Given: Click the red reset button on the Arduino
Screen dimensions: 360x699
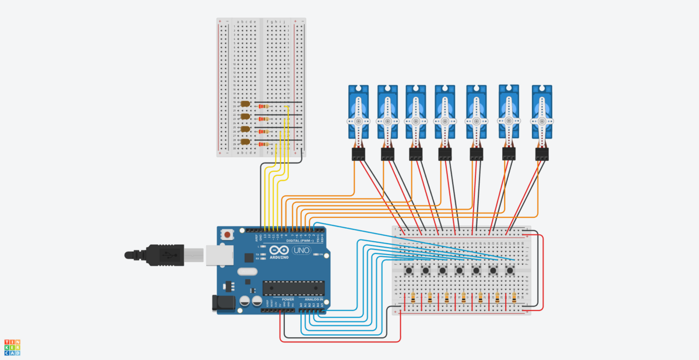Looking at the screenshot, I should point(227,235).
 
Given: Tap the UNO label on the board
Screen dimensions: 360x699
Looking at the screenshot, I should point(301,251).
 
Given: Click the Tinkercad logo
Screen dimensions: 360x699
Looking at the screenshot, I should point(12,347).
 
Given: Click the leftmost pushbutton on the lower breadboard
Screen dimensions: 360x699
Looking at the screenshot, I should point(409,270).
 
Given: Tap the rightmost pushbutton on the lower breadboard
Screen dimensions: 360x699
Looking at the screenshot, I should point(510,270).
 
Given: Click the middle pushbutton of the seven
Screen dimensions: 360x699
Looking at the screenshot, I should point(460,270).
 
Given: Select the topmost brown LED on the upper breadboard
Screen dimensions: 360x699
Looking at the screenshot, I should point(245,104).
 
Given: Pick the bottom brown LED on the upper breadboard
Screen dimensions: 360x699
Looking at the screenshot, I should point(245,142).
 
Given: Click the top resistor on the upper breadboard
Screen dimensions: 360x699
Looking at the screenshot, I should point(265,107).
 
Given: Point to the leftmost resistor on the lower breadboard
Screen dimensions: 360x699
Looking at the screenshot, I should point(413,298).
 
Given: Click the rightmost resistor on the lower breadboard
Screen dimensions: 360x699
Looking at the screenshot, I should point(514,298).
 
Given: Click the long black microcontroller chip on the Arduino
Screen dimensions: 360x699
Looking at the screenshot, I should point(293,288).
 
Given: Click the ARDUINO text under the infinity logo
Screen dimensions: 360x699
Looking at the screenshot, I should point(279,257).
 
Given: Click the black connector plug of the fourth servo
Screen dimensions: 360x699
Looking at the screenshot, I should point(445,154).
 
